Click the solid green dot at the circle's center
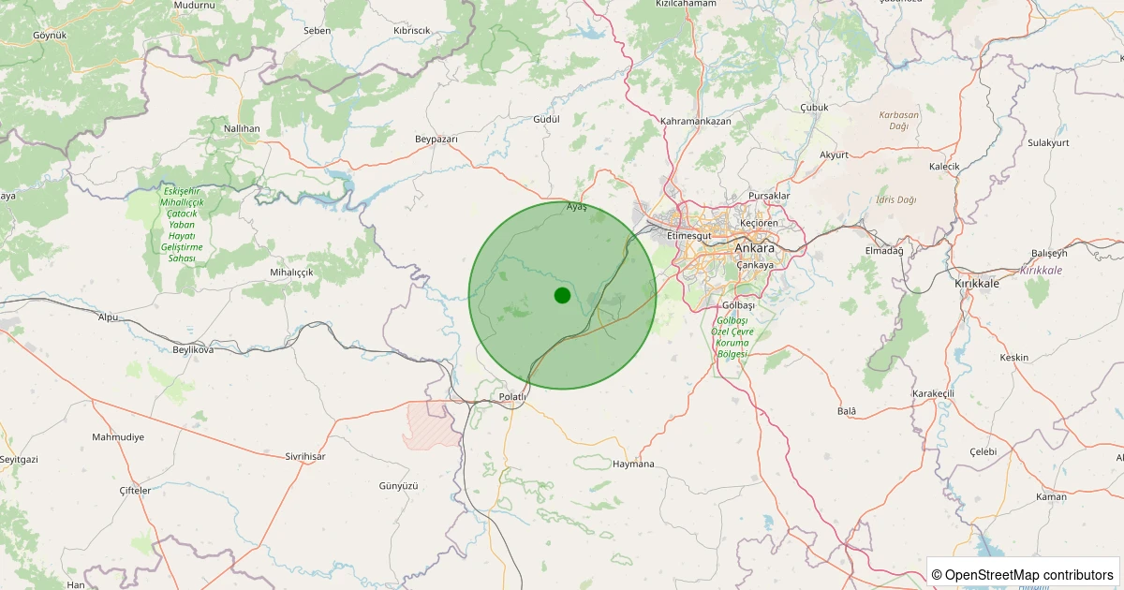(x=562, y=295)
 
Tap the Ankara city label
(x=754, y=249)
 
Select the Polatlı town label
(x=514, y=397)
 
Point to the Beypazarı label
(x=436, y=139)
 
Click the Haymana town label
(x=632, y=464)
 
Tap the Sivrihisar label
(x=305, y=456)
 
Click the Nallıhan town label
(x=242, y=127)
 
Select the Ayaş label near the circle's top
(x=577, y=207)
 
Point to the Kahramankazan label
(x=695, y=122)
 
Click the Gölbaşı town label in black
(x=739, y=306)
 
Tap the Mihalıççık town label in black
(x=291, y=272)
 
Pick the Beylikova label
(x=194, y=349)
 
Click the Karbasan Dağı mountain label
(x=899, y=120)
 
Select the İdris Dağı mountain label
(x=896, y=199)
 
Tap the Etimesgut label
(x=689, y=236)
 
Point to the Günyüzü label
(x=398, y=486)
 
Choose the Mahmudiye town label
(x=118, y=437)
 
